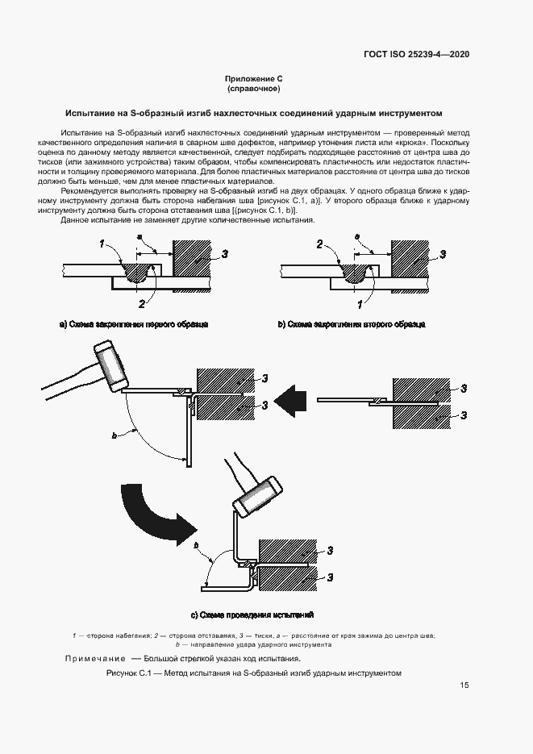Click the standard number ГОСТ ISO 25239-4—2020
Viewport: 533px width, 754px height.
tap(416, 54)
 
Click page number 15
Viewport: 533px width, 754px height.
tap(464, 685)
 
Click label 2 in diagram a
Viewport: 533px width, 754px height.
tap(142, 303)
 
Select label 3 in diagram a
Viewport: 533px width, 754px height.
tap(226, 254)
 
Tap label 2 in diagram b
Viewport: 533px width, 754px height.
tap(319, 243)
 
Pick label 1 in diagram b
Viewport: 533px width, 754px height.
tap(360, 303)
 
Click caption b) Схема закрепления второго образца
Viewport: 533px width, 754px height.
tap(351, 324)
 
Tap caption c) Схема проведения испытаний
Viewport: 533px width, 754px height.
tap(252, 614)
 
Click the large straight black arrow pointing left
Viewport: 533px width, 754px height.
tap(289, 398)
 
